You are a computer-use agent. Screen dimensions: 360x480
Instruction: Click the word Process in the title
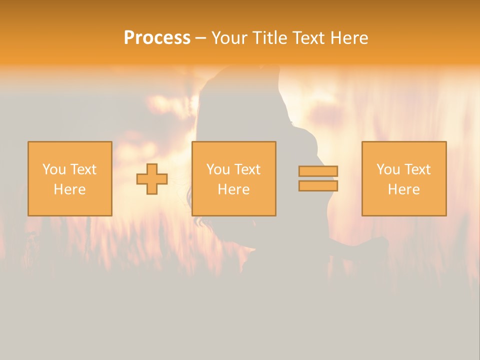[x=157, y=38]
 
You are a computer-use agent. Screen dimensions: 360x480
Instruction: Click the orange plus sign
[x=152, y=179]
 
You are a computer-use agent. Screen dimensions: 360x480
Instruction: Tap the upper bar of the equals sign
[x=318, y=171]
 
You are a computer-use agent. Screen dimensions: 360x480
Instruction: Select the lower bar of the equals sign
[x=318, y=186]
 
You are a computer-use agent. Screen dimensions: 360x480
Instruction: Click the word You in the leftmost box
[x=54, y=169]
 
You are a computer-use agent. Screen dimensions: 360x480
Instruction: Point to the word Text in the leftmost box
[x=83, y=169]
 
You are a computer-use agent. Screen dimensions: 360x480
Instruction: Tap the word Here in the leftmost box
[x=69, y=189]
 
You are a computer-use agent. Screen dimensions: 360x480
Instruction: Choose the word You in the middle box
[x=218, y=169]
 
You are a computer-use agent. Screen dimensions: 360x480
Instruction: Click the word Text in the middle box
[x=247, y=169]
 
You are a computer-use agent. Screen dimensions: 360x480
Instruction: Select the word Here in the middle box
[x=233, y=189]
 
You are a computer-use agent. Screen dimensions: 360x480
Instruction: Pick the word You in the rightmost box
[x=388, y=169]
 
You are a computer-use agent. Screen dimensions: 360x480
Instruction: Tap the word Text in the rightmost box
[x=417, y=169]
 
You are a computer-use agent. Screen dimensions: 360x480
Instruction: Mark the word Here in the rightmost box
[x=403, y=189]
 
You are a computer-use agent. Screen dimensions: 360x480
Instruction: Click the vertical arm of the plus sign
[x=152, y=168]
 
